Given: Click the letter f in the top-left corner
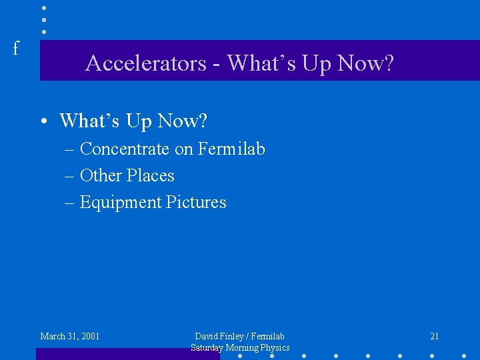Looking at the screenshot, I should [x=16, y=48].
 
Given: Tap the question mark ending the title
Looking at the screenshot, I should [x=389, y=63].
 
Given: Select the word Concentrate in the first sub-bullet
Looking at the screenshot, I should [x=125, y=149].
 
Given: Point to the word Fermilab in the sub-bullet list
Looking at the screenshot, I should [x=231, y=149].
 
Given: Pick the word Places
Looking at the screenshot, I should [x=151, y=175].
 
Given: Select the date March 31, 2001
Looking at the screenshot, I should [x=70, y=336].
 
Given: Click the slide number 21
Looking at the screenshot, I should [x=434, y=336].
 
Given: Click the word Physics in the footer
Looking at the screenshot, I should [x=275, y=347].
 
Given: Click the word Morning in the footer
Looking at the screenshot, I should [x=243, y=347].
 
